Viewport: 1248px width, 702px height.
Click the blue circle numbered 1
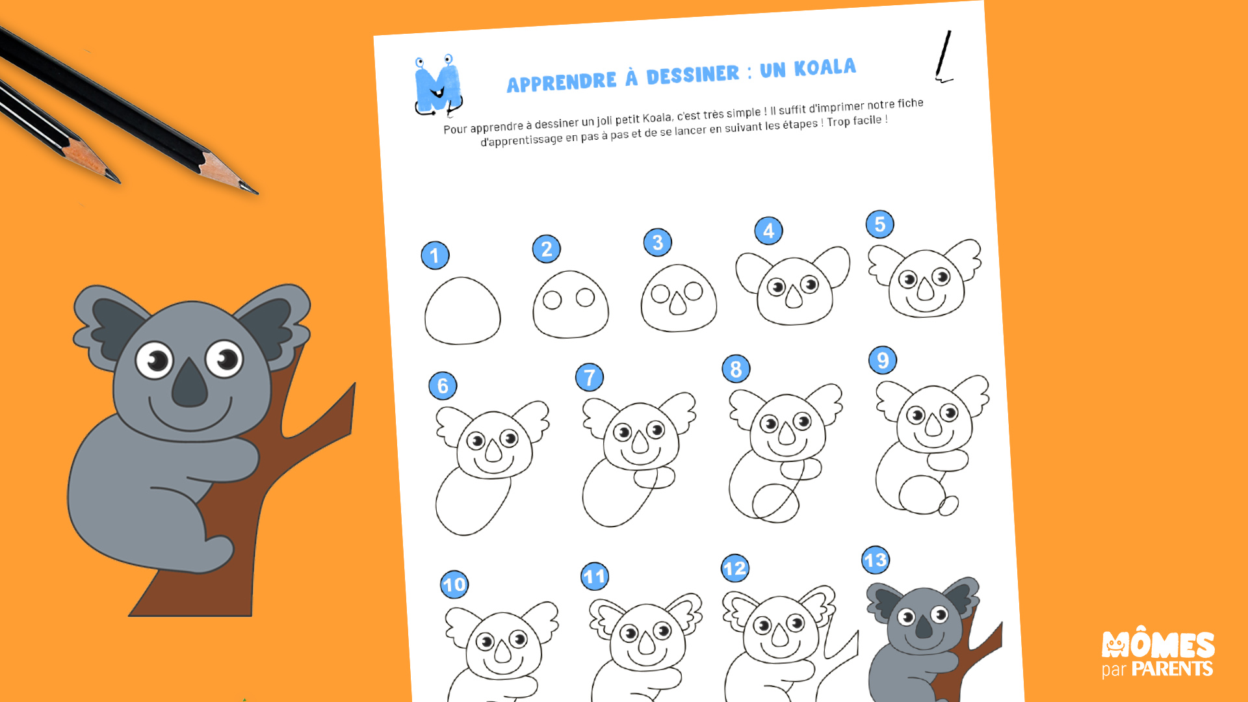tap(435, 255)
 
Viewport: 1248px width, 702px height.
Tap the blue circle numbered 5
tap(880, 224)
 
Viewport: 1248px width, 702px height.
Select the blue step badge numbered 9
tap(883, 360)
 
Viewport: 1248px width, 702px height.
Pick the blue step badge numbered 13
tap(876, 560)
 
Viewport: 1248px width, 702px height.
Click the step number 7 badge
tap(590, 377)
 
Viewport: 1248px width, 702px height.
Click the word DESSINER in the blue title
tap(693, 75)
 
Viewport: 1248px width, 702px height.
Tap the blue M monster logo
tap(439, 85)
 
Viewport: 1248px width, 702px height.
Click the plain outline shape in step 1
tap(463, 311)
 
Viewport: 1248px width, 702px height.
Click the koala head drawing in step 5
tap(925, 279)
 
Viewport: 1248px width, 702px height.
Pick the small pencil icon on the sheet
tap(943, 57)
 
